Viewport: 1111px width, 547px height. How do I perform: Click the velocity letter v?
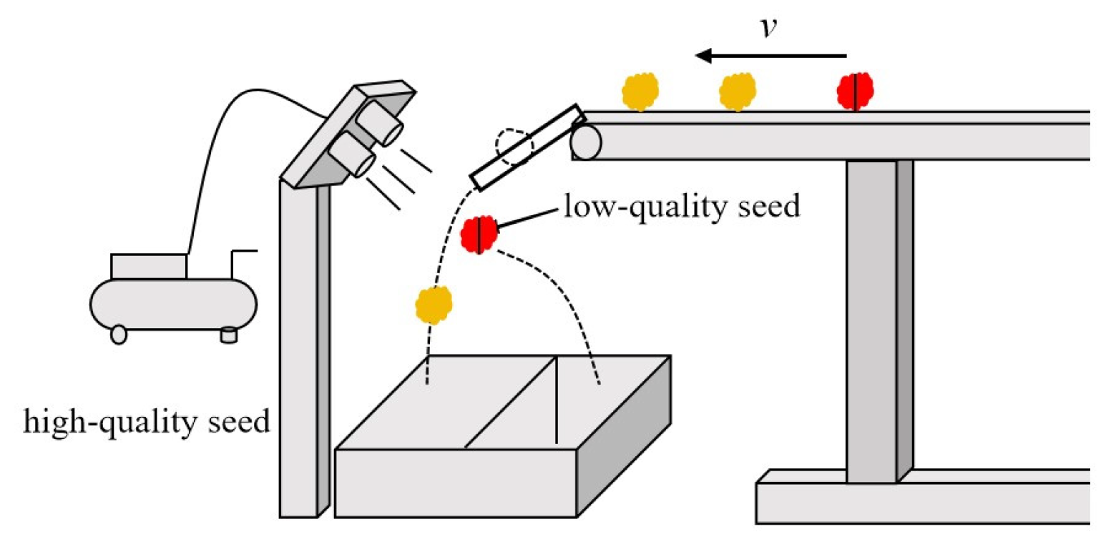point(768,30)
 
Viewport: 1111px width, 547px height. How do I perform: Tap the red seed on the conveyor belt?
point(855,92)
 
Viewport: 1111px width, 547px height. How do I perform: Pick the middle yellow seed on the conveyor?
point(738,92)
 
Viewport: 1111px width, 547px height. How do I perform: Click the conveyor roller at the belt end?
point(586,141)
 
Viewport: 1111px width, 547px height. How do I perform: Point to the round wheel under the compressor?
point(119,334)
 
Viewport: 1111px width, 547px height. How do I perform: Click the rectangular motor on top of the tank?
point(149,266)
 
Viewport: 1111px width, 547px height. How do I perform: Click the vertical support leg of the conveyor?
point(871,322)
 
